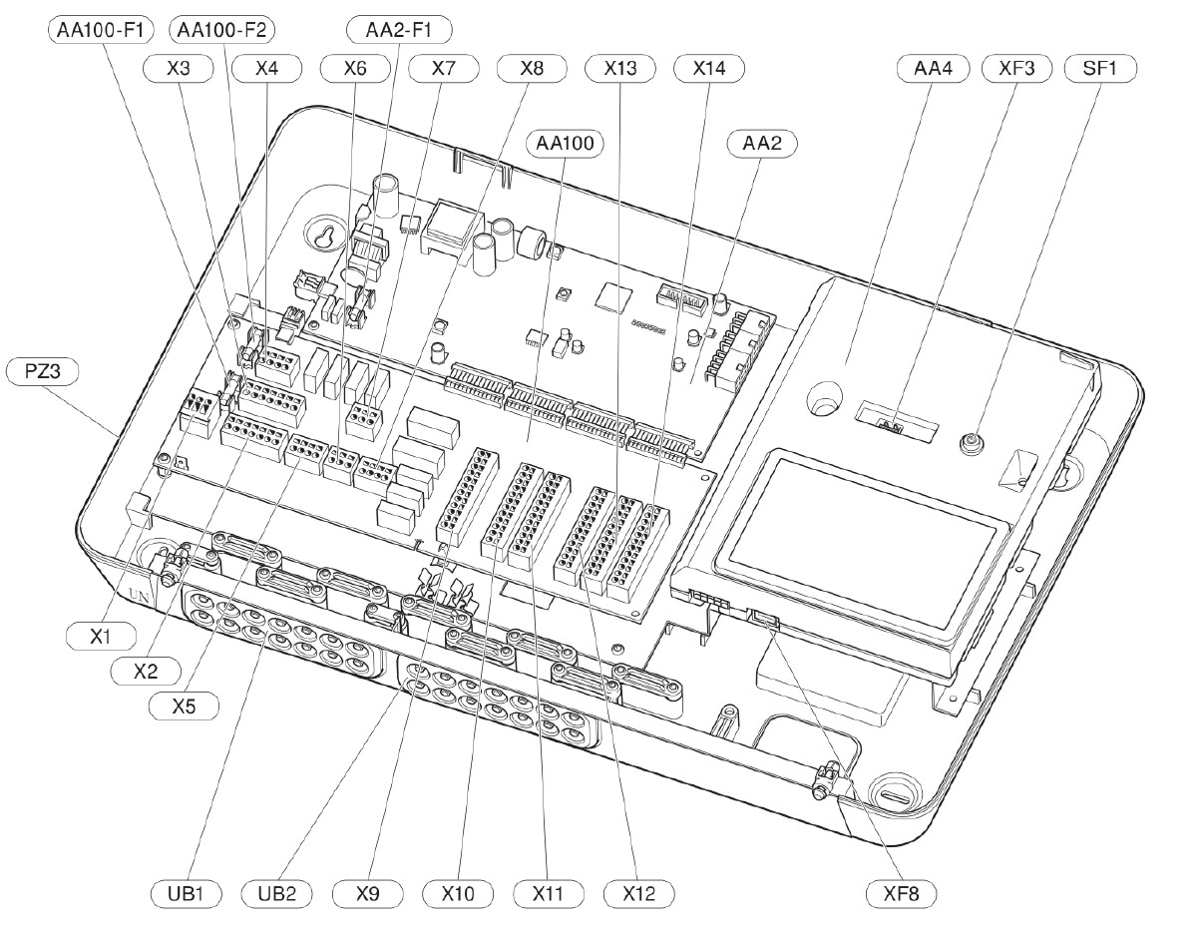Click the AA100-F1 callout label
tap(101, 30)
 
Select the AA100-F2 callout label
tap(221, 30)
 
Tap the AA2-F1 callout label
tap(399, 30)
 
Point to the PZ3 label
tap(42, 371)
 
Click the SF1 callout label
tap(1100, 69)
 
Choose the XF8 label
tap(901, 894)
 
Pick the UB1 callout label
tap(186, 894)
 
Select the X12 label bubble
tap(638, 894)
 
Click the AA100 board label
tap(565, 144)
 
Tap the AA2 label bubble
tap(762, 144)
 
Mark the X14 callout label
tap(709, 69)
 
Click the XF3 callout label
tap(1016, 69)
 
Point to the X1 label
tap(101, 637)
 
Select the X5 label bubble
tap(184, 707)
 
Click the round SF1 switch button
tap(971, 444)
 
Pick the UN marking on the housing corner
tap(139, 596)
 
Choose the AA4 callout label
tap(934, 69)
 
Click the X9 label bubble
tap(367, 894)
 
